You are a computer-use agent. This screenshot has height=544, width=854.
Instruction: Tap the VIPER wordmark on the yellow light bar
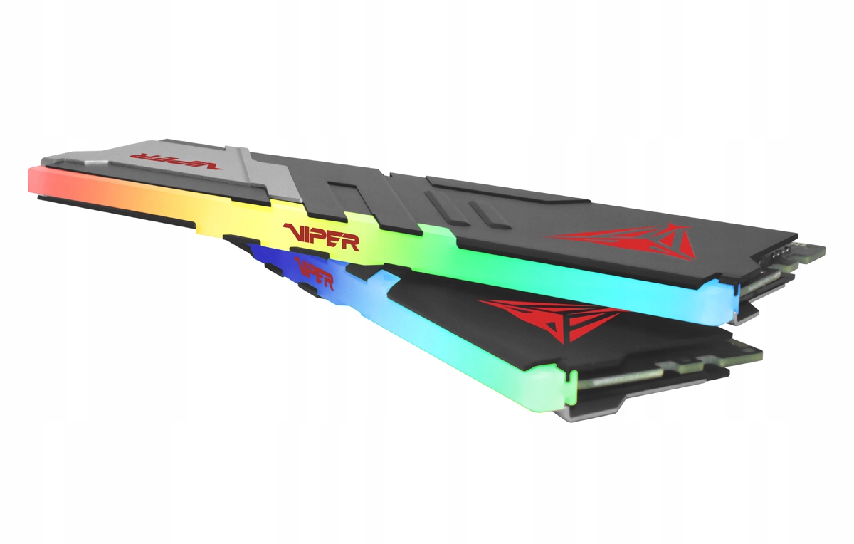coord(321,236)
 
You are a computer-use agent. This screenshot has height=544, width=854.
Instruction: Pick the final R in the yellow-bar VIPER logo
coord(351,241)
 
